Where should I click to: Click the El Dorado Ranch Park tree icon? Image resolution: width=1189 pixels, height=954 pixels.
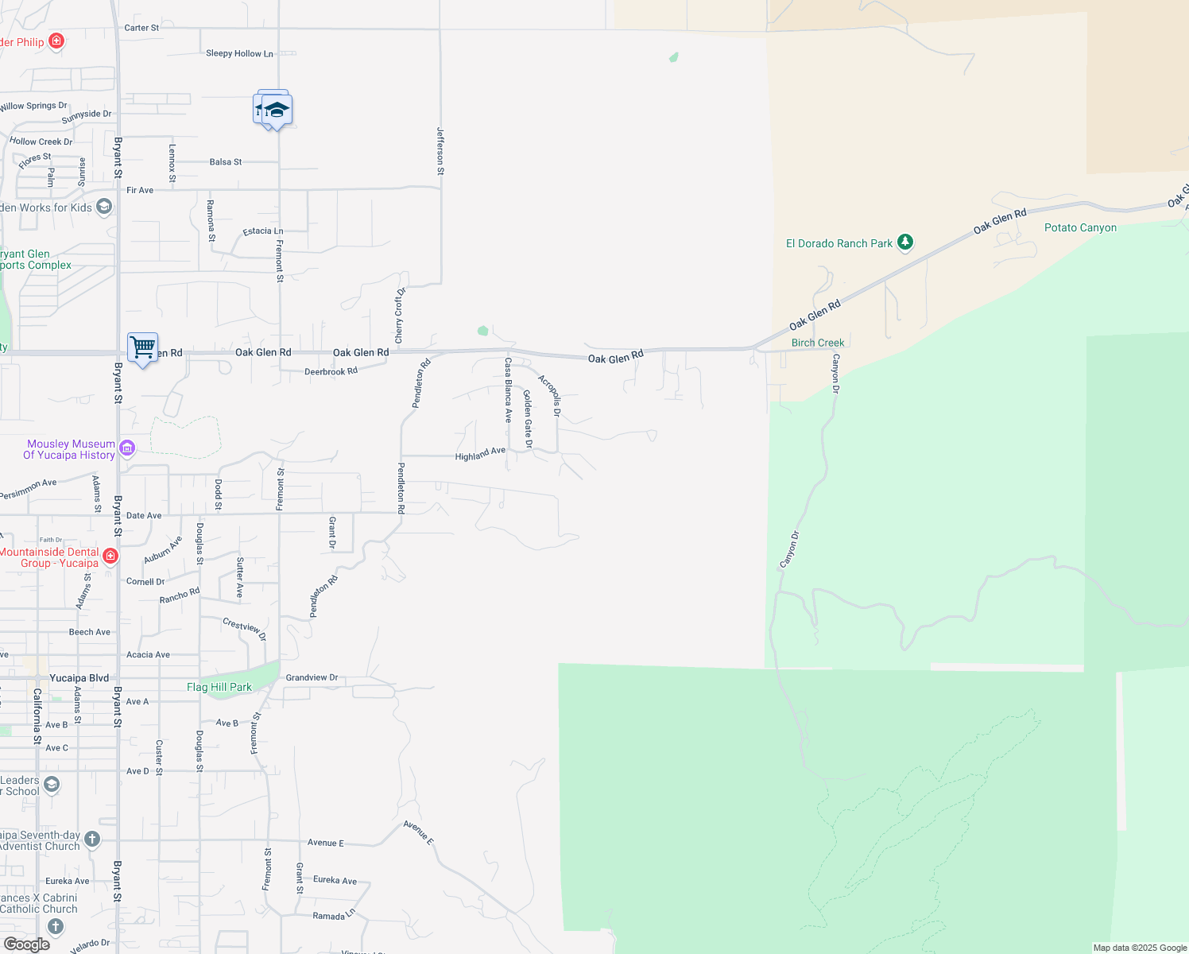pos(905,242)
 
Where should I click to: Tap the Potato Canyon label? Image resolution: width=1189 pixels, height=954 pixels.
pos(1080,228)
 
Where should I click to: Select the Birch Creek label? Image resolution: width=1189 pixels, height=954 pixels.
pos(818,343)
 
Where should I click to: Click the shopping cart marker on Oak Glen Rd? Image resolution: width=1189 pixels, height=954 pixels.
pos(143,347)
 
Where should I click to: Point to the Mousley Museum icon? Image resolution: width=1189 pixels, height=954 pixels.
pos(127,449)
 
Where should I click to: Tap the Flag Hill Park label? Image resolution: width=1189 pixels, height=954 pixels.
pos(219,688)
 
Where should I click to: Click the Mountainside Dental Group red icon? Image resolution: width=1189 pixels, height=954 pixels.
pos(111,556)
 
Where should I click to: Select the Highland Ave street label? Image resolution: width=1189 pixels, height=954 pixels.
pos(480,454)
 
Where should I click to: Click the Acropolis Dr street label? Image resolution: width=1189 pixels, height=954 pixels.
pos(550,395)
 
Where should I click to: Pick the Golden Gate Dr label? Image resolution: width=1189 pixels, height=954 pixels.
pos(528,418)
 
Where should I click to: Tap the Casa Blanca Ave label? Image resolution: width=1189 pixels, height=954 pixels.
pos(508,390)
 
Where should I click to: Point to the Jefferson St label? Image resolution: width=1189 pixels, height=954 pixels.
pos(440,151)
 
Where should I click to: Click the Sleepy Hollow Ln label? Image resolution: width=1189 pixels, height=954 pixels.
pos(239,54)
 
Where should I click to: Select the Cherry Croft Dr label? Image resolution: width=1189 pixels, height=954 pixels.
pos(400,316)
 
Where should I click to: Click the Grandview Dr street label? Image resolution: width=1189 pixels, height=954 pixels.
pos(312,678)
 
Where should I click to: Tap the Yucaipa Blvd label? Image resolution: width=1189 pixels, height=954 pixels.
pos(79,678)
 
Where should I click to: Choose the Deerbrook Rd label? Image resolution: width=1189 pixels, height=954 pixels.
pos(331,371)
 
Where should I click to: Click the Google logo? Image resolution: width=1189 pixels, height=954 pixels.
pos(27,944)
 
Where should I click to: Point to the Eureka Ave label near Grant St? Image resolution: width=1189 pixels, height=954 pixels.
pos(335,880)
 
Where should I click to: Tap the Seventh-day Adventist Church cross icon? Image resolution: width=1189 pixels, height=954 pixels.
pos(92,839)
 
